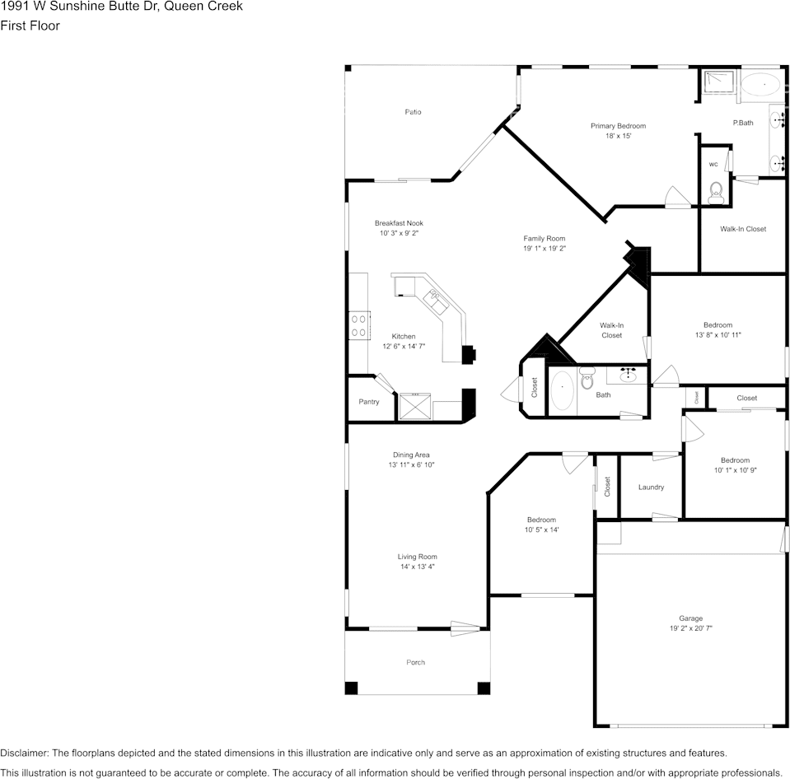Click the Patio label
pyautogui.click(x=413, y=112)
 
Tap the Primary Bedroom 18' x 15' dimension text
pyautogui.click(x=618, y=136)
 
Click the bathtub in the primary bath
pyautogui.click(x=763, y=83)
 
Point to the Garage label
pyautogui.click(x=690, y=618)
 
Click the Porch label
pyautogui.click(x=416, y=662)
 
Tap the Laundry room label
pyautogui.click(x=651, y=487)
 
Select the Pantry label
pyautogui.click(x=369, y=402)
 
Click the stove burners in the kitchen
pyautogui.click(x=358, y=324)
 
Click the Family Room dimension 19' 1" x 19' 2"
pyautogui.click(x=544, y=248)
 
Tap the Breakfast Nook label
pyautogui.click(x=399, y=223)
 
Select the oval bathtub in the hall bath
pyautogui.click(x=563, y=389)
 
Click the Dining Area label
pyautogui.click(x=411, y=455)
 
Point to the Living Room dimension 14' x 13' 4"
pyautogui.click(x=417, y=567)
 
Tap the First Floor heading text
pyautogui.click(x=30, y=26)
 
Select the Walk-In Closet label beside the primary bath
pyautogui.click(x=742, y=229)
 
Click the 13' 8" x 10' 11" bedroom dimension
pyautogui.click(x=718, y=335)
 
